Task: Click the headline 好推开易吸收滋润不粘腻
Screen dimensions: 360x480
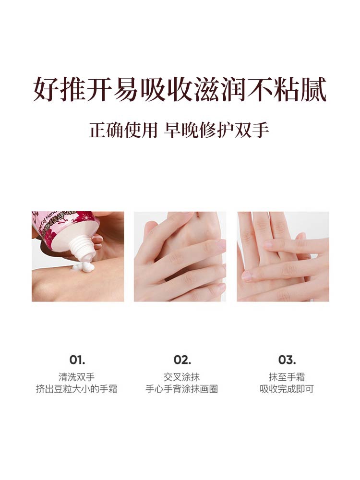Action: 180,89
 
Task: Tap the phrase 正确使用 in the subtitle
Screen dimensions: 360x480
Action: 123,130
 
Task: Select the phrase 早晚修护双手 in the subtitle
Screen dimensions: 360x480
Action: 216,130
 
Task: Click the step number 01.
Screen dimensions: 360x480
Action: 77,360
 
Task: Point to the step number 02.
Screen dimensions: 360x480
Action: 182,360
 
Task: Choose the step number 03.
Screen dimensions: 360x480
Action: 287,360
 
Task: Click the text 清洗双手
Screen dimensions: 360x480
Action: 76,377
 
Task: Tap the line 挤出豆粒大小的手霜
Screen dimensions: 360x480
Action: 76,389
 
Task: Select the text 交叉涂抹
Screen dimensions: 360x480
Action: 181,377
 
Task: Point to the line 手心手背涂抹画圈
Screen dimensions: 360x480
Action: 181,389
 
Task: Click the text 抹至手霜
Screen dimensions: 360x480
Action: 287,377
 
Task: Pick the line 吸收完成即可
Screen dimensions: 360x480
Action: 287,389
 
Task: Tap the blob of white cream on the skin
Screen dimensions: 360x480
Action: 83,267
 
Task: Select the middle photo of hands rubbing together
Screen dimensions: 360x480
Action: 180,256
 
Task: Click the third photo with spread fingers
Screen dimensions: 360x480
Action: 283,256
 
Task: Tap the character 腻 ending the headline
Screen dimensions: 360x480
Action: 314,89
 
